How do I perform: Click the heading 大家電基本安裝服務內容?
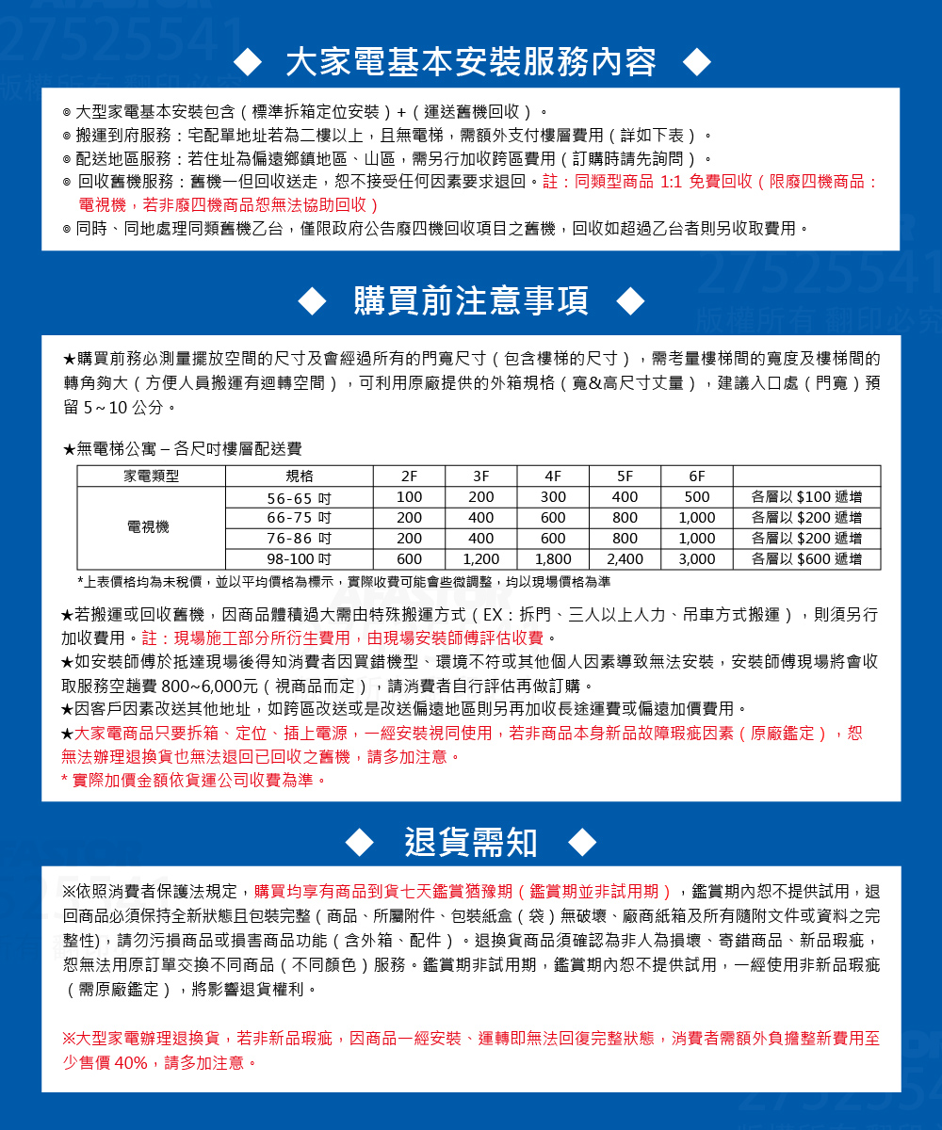(x=471, y=63)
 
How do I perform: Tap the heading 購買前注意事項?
(x=471, y=300)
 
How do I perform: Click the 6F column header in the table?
(x=697, y=476)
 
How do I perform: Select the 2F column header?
(x=409, y=476)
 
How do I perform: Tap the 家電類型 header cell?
(x=151, y=476)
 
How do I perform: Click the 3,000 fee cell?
(x=697, y=559)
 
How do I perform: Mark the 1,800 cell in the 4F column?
(x=553, y=559)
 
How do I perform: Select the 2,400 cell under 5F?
(x=625, y=559)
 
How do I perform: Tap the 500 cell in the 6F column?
(x=697, y=497)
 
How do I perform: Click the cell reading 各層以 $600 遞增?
(x=806, y=559)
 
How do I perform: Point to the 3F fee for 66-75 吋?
(x=481, y=518)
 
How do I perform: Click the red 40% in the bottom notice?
(x=129, y=1062)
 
